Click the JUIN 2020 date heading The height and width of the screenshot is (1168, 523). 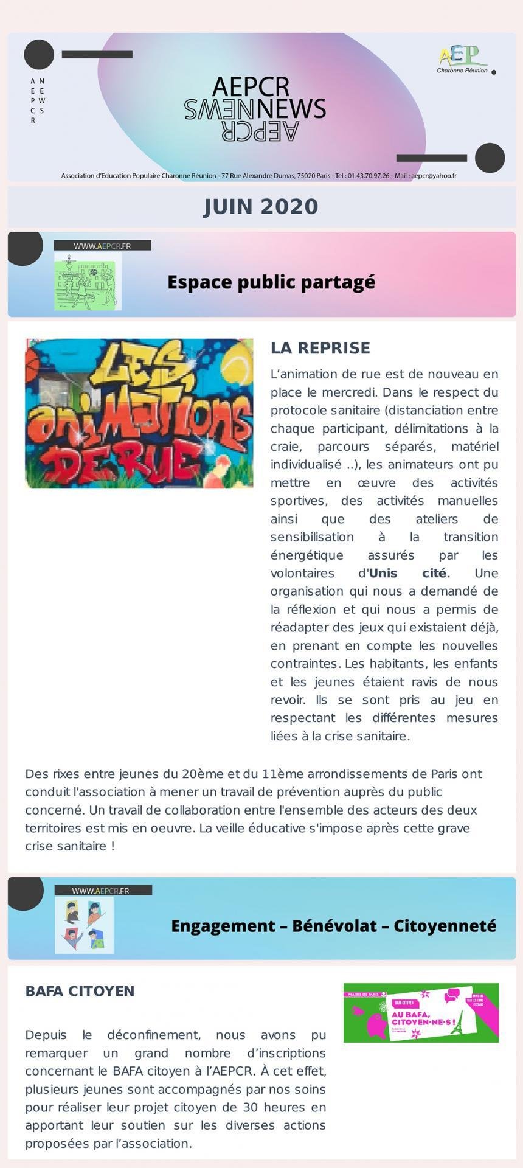(x=261, y=207)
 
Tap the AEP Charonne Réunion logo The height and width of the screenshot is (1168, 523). (x=463, y=60)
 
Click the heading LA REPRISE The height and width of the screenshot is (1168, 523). (x=320, y=348)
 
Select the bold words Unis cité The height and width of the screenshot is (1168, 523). (x=407, y=573)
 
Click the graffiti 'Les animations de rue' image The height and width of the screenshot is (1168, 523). (x=139, y=413)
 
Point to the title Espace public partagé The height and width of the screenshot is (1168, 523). (x=271, y=282)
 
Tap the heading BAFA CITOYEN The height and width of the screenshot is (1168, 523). (x=80, y=991)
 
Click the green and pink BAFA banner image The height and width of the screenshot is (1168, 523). (x=421, y=1012)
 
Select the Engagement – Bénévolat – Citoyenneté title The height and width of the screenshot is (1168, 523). (x=333, y=926)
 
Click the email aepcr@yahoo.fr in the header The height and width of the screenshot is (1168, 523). (x=434, y=176)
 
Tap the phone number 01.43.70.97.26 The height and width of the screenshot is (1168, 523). (x=369, y=176)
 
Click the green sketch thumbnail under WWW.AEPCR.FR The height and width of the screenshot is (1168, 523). (x=88, y=282)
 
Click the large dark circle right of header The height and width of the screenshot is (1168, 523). (x=490, y=158)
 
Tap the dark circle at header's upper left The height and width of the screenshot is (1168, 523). (x=39, y=54)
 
